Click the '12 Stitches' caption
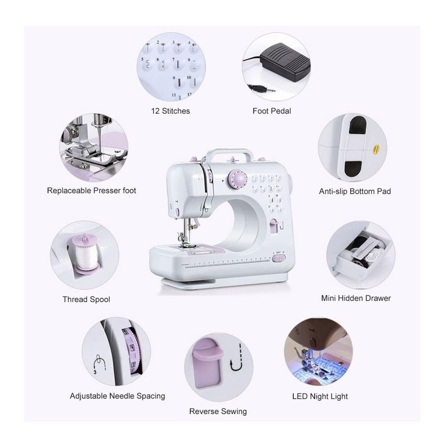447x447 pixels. coord(170,111)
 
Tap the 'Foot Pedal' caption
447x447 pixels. coord(272,111)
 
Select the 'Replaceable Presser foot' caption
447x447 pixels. coord(92,191)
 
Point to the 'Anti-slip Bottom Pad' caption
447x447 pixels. coord(355,191)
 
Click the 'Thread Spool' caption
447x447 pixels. coord(86,299)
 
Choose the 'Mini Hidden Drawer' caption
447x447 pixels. coord(356,298)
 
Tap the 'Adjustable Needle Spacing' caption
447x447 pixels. coord(117,396)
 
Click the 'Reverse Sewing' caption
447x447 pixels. coord(218,411)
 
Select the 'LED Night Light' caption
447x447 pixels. coord(320,396)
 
